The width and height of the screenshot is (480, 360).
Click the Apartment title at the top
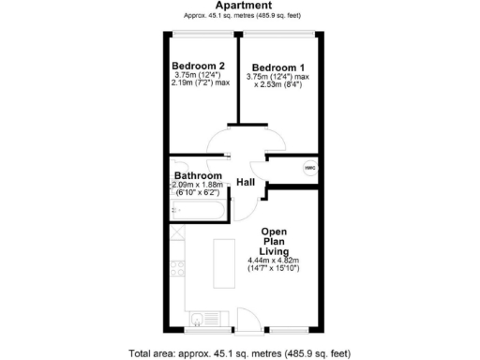238,5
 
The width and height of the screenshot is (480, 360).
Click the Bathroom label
199,175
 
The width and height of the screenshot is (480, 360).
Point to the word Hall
247,181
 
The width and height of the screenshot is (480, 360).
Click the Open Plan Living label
274,241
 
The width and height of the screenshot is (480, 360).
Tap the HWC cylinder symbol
309,168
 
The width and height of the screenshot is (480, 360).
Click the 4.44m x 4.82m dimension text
274,260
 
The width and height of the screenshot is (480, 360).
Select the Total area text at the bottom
239,353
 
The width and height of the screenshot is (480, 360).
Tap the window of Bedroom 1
278,35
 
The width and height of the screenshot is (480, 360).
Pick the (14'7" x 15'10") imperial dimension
274,269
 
